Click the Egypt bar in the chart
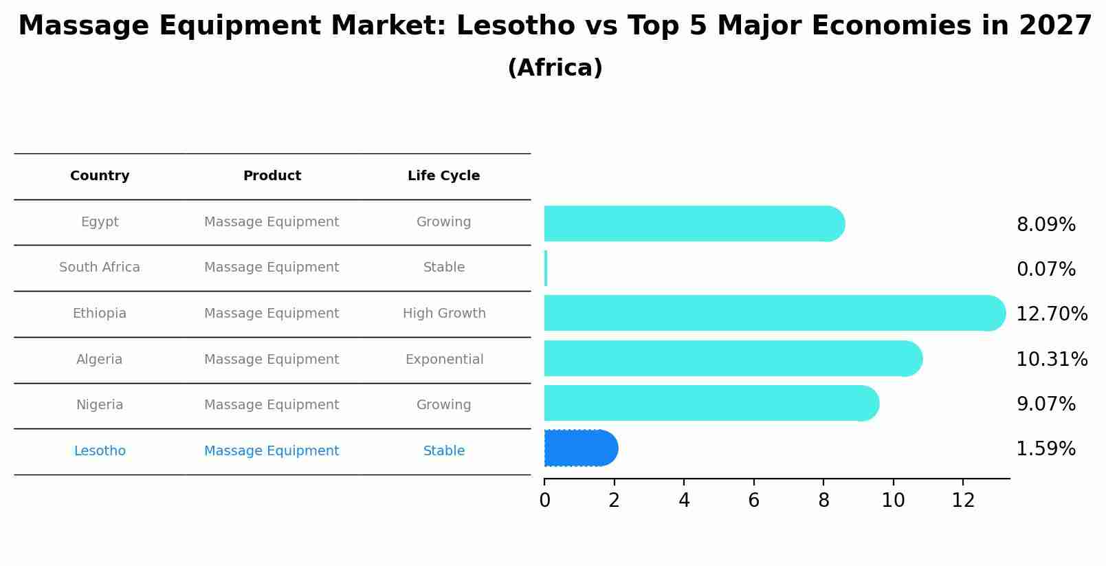[693, 224]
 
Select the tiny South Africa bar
[546, 268]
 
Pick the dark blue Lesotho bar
[579, 448]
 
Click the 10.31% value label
[1051, 359]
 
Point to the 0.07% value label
[1046, 269]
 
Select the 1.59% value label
[1046, 449]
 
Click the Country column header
[100, 176]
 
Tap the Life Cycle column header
[443, 176]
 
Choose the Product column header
[272, 176]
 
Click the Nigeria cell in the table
[100, 405]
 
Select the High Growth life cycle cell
[444, 314]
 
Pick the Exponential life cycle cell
[444, 360]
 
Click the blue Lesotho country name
[100, 451]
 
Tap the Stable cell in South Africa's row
[444, 268]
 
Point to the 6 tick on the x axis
[753, 501]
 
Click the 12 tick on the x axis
[963, 501]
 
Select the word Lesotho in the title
[516, 26]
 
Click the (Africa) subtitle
[555, 68]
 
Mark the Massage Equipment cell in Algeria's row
[272, 360]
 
